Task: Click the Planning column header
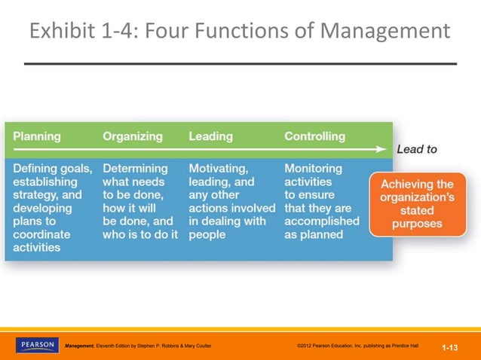tap(37, 136)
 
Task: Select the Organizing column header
tap(133, 136)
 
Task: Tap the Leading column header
tap(210, 136)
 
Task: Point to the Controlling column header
tap(314, 136)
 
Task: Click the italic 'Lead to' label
tap(416, 149)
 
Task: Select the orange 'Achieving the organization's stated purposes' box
tap(417, 203)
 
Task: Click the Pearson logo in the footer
tap(36, 345)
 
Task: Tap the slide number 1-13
tap(450, 347)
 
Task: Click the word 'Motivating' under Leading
tap(218, 169)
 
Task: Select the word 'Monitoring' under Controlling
tap(313, 169)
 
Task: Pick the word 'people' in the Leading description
tap(208, 235)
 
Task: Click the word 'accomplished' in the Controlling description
tap(321, 221)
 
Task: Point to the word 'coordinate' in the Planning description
tap(41, 235)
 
